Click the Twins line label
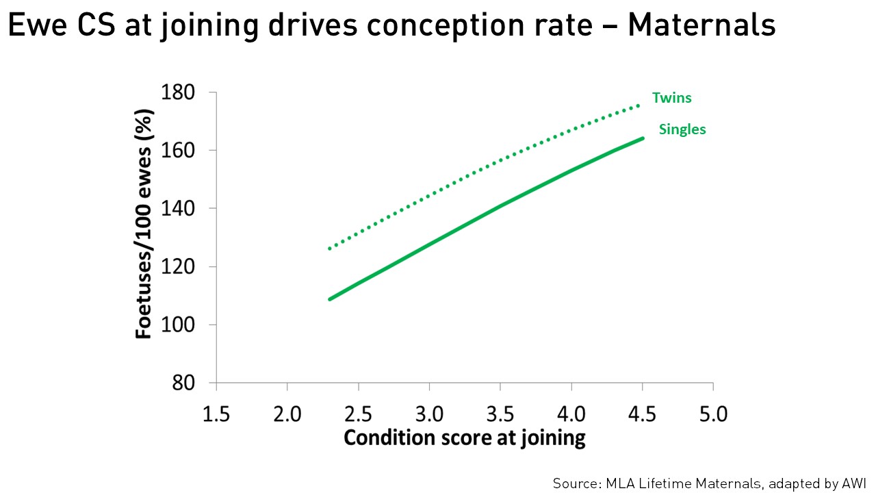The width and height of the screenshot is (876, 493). (x=671, y=98)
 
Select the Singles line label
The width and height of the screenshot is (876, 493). (x=682, y=129)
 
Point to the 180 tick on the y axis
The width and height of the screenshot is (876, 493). (x=178, y=92)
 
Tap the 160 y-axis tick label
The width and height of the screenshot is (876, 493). (x=178, y=151)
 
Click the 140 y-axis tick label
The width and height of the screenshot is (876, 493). (x=178, y=209)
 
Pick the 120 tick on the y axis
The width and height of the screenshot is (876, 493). (x=178, y=267)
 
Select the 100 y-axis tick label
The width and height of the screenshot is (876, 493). (x=178, y=325)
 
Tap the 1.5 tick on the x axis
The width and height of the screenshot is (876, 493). (x=216, y=414)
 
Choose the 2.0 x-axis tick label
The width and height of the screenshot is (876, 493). (x=287, y=414)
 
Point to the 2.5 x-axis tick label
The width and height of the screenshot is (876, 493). (x=359, y=414)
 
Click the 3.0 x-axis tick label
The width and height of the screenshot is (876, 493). (x=430, y=414)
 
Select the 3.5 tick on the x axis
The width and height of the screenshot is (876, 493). (x=500, y=414)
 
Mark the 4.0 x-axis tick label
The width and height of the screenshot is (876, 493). (x=571, y=414)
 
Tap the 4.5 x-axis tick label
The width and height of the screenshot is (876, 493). (x=643, y=414)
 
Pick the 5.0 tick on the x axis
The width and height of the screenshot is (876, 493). (x=713, y=414)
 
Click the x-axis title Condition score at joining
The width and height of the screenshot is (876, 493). (x=465, y=438)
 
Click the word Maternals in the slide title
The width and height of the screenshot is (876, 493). (x=701, y=26)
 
